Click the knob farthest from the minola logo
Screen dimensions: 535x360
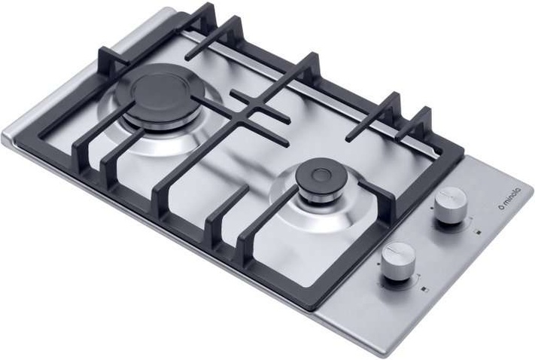(x=399, y=261)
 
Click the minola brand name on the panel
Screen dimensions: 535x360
(x=511, y=197)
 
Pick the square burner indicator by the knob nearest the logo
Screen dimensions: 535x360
(x=479, y=233)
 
